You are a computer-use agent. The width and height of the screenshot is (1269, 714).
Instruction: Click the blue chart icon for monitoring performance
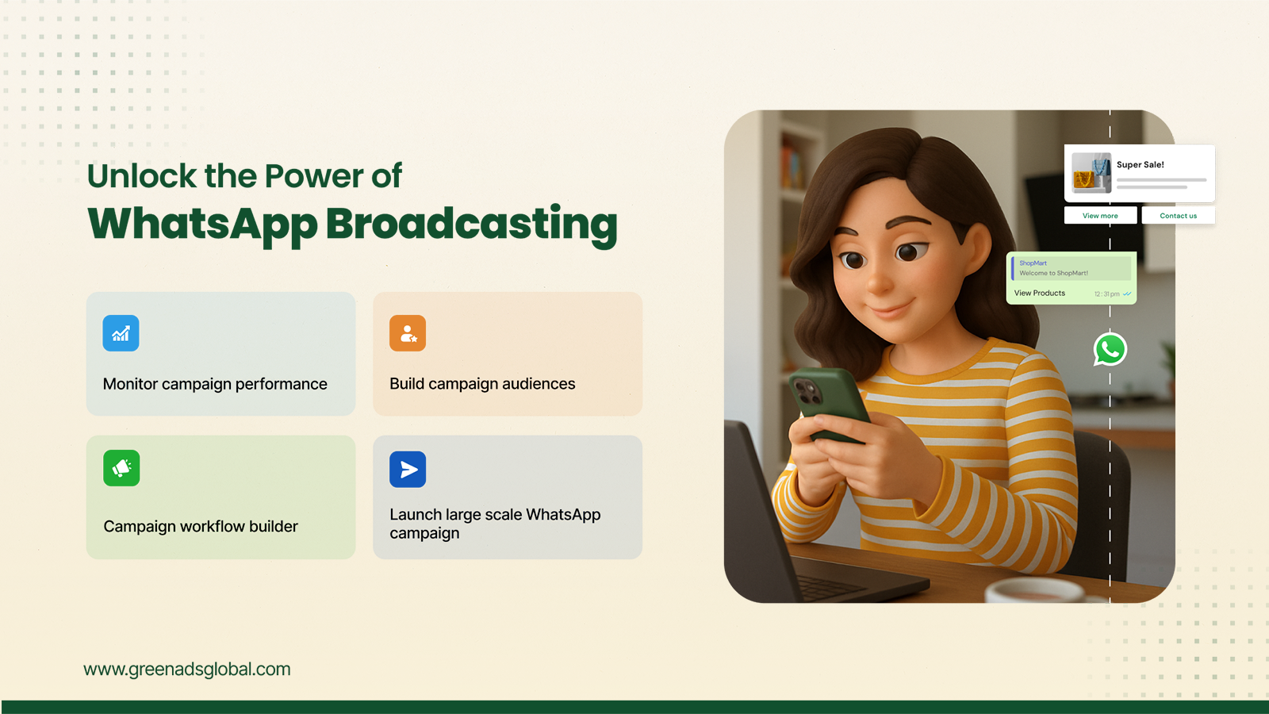pos(121,333)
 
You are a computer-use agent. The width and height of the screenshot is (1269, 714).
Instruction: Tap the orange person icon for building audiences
pos(408,333)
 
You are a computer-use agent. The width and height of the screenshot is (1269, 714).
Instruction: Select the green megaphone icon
pos(121,468)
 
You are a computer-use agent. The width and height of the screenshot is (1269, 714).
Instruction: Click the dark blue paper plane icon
pos(408,469)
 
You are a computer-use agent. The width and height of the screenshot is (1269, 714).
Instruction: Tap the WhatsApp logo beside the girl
pos(1110,349)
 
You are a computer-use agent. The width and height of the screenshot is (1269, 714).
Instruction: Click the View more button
pos(1100,215)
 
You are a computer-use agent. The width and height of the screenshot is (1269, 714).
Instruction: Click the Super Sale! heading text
pos(1140,164)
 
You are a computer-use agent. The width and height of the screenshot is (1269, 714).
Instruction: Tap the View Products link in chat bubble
pos(1040,293)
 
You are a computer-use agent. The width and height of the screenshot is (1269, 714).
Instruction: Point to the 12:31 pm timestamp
pos(1107,294)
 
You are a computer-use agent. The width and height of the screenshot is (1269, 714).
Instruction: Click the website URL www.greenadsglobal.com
pos(187,670)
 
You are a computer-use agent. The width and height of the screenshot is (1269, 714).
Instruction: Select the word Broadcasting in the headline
pos(471,225)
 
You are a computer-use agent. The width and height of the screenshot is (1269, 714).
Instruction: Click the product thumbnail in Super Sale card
pos(1091,173)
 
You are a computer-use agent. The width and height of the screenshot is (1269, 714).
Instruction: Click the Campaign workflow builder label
pos(201,527)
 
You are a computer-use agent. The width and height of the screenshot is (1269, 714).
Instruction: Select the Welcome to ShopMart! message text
pos(1054,273)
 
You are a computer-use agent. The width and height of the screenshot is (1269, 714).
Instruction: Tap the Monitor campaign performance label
pos(215,384)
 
